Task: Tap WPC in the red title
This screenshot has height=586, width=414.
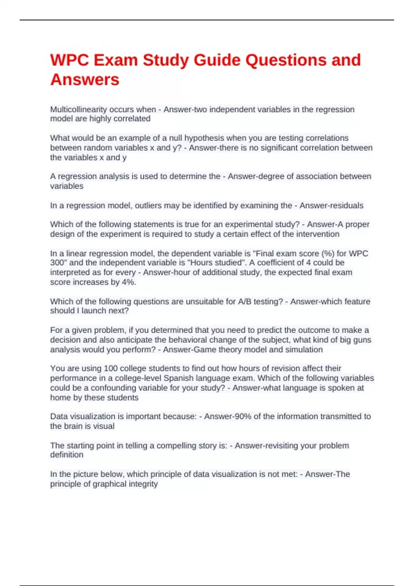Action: coord(69,60)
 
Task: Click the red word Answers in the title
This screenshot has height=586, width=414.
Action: coord(85,80)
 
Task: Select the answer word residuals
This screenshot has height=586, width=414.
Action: coord(346,205)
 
